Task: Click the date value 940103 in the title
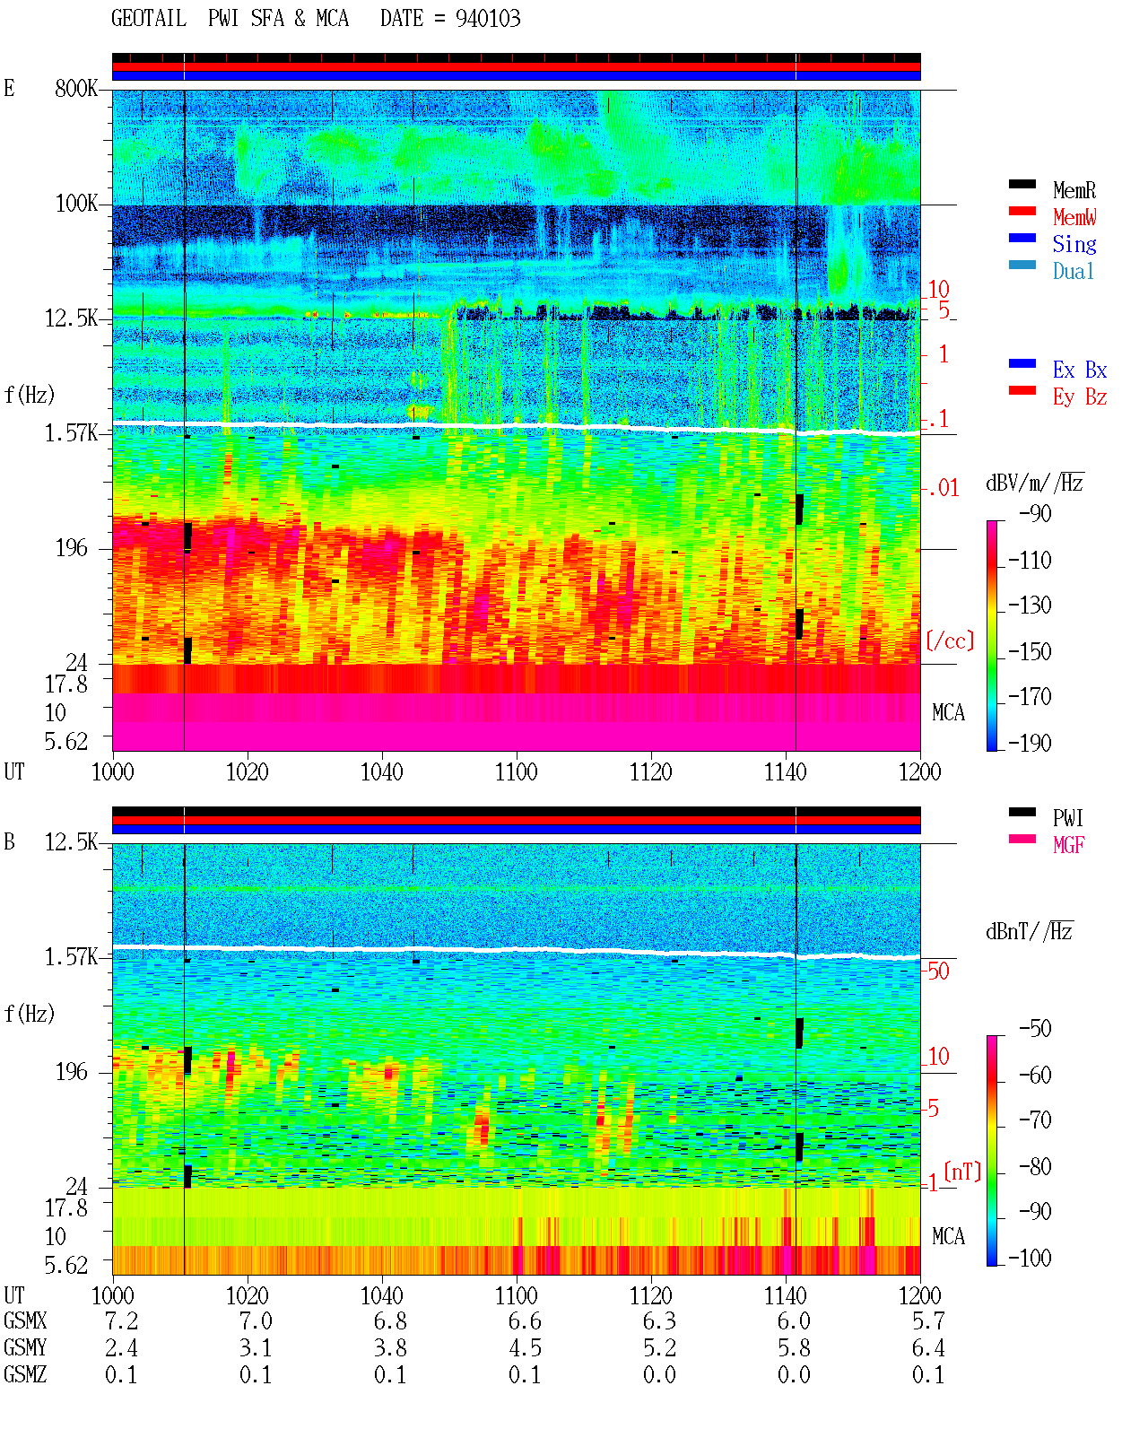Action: (x=488, y=19)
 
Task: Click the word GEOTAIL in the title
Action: (x=149, y=19)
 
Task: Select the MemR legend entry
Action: (x=1074, y=190)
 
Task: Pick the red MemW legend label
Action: (x=1074, y=217)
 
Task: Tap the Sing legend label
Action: (x=1074, y=244)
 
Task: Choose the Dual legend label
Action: (x=1074, y=271)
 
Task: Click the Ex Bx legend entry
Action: (x=1080, y=370)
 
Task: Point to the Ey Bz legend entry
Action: (x=1080, y=397)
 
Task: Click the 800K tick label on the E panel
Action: (x=76, y=88)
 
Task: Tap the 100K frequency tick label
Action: (x=76, y=204)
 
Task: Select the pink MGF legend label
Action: (x=1068, y=845)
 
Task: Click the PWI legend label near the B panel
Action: (x=1067, y=818)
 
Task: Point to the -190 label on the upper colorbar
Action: (x=1030, y=743)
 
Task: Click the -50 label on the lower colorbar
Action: (x=1035, y=1029)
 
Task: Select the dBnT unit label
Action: (x=1029, y=931)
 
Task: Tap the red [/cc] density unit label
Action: (x=950, y=640)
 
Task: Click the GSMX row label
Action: (x=25, y=1320)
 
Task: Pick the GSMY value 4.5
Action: (x=526, y=1348)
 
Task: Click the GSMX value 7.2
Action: (x=121, y=1320)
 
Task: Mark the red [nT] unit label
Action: (x=962, y=1172)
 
